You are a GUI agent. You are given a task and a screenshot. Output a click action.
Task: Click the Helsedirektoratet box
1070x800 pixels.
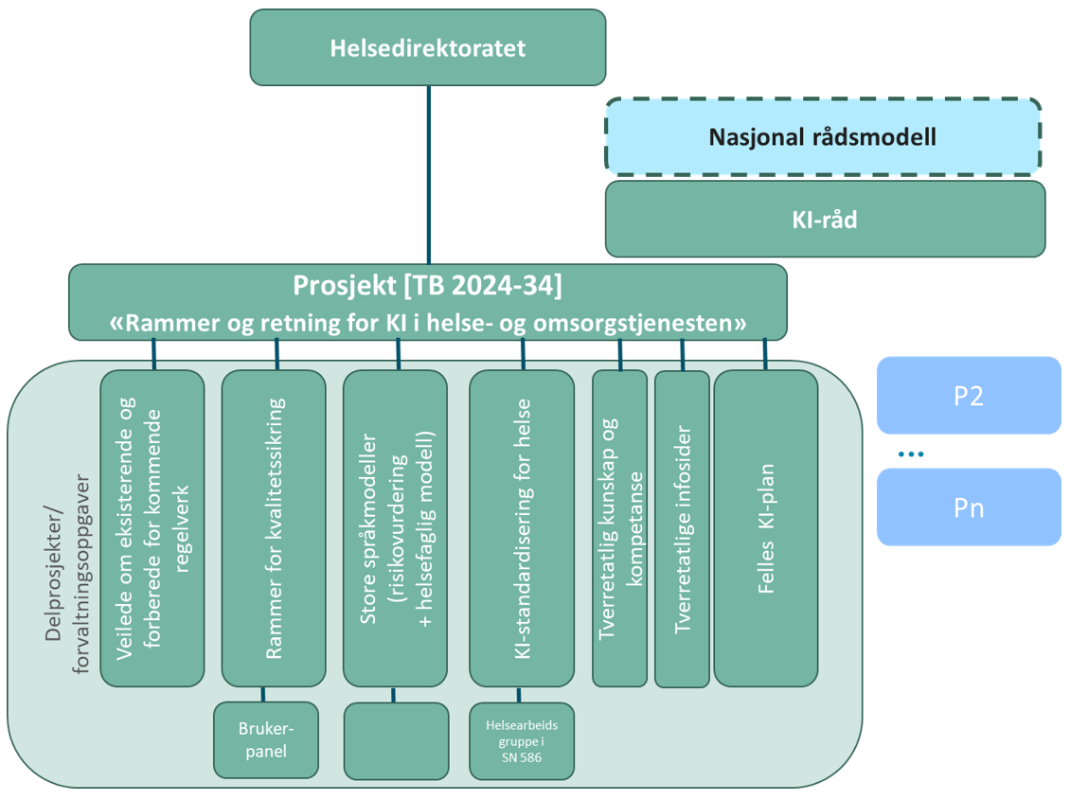427,47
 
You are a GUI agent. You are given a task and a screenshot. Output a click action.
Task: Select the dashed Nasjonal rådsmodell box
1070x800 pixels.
822,137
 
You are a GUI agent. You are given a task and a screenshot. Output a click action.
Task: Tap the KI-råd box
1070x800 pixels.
825,219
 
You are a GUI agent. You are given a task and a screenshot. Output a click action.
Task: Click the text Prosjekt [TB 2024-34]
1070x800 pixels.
428,284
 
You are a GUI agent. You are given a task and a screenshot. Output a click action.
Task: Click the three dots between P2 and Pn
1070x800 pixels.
910,454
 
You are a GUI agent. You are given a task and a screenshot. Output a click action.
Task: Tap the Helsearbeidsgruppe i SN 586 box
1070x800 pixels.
521,740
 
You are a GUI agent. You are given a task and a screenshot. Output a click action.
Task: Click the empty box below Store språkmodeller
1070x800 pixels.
396,740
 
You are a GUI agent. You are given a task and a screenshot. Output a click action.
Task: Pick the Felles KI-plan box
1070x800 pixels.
766,527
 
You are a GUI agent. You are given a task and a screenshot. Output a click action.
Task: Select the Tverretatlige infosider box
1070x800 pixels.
682,527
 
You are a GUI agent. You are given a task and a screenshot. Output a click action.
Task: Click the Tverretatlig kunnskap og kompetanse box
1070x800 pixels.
619,527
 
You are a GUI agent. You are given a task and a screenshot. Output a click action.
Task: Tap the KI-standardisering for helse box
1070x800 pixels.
522,527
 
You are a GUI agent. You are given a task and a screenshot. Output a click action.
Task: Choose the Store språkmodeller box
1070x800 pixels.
395,527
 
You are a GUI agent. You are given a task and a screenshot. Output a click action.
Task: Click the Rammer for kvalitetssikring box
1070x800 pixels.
274,527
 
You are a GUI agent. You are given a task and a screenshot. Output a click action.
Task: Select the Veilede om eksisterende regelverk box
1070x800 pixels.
152,527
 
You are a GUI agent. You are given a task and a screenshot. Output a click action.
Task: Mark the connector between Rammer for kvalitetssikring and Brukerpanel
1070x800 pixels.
264,694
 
